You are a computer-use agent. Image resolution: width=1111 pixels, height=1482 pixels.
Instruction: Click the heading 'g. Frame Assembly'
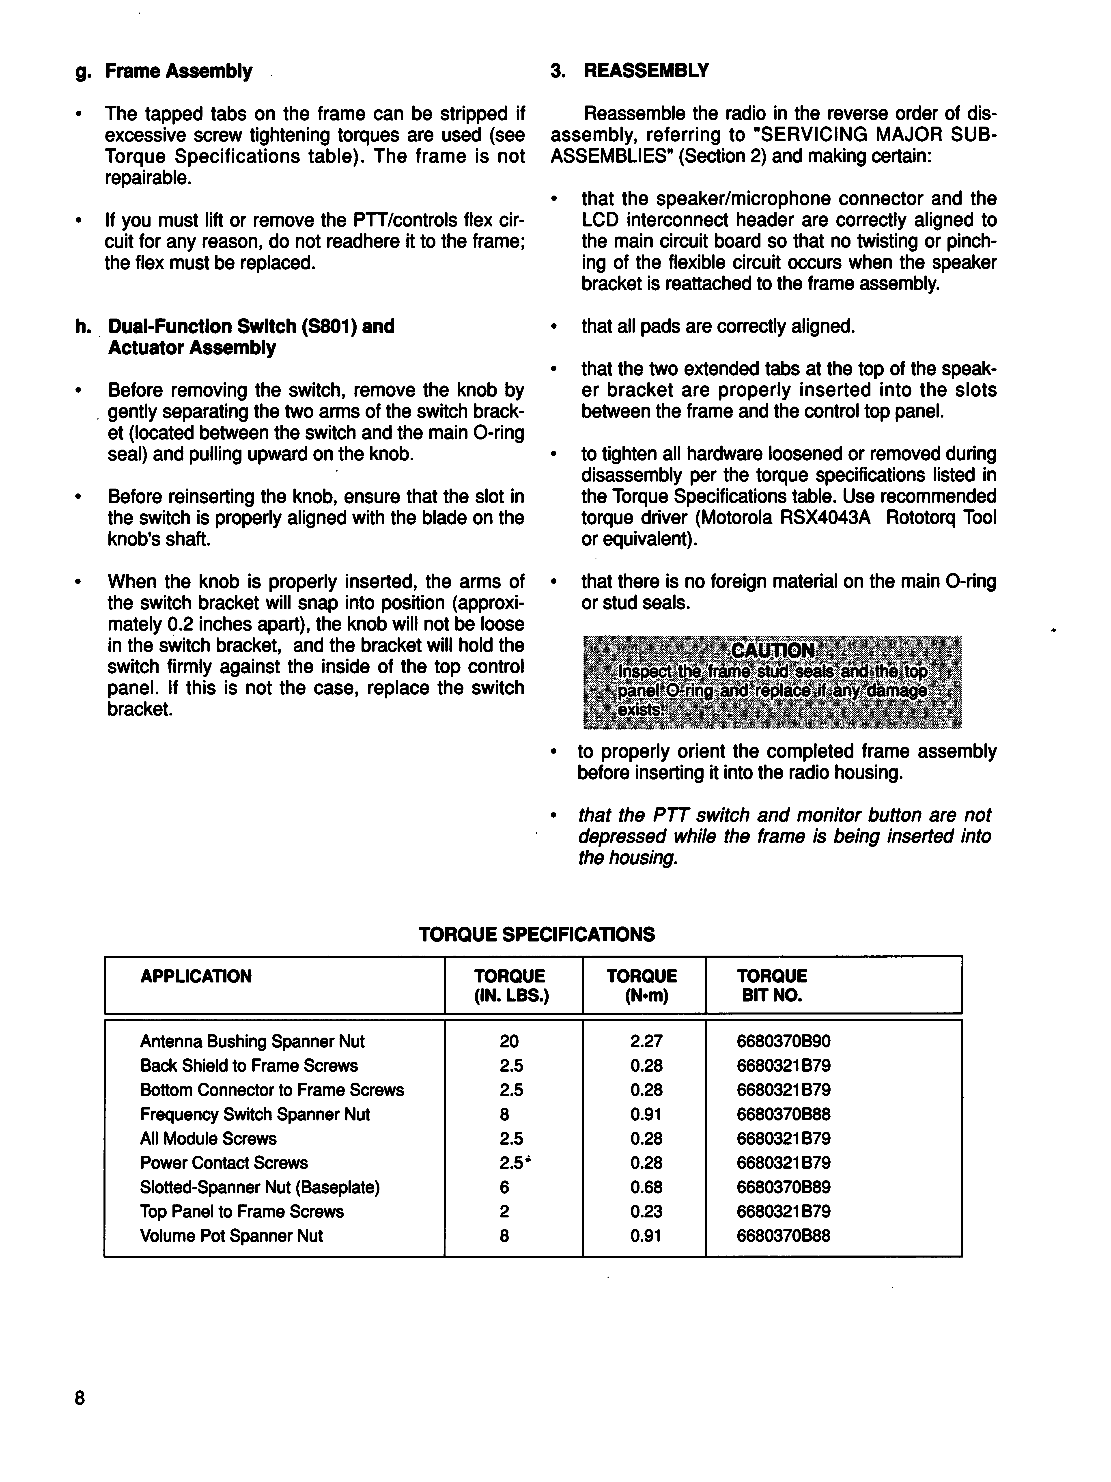[x=164, y=71]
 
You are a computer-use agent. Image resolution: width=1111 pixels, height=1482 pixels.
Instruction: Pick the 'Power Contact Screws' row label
[x=224, y=1163]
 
